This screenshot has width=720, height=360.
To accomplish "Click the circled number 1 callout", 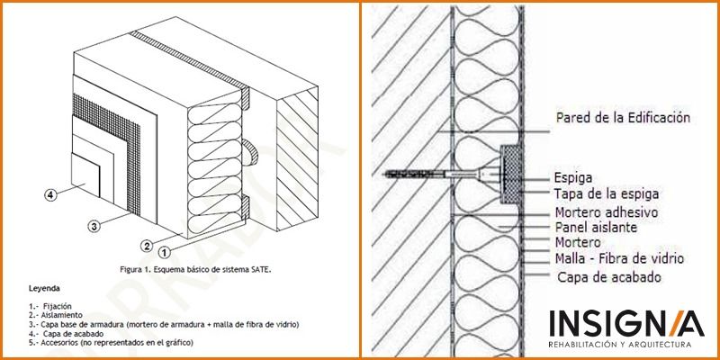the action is [165, 252].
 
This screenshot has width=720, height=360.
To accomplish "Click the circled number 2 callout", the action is [147, 246].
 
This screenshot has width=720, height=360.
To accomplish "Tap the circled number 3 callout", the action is [94, 226].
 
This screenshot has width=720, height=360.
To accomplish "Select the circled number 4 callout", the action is [50, 194].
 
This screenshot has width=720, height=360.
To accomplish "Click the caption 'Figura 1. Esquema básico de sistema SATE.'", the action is [195, 269].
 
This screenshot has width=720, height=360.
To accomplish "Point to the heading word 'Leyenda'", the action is [44, 289].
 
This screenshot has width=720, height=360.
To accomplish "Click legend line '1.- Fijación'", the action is [50, 306].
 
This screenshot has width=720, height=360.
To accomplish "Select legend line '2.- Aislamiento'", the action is [56, 315].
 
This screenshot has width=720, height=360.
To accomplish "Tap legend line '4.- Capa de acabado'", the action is [66, 333].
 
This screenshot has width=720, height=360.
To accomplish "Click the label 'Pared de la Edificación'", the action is [623, 118].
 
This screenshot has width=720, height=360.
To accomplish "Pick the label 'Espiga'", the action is [573, 178].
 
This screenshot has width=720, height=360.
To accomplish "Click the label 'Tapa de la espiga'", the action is [606, 193].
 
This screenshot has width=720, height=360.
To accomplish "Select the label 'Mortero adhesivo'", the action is [607, 212].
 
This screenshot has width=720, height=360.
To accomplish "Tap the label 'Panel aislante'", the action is [596, 227].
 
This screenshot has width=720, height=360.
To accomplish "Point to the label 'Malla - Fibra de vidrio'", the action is [619, 258].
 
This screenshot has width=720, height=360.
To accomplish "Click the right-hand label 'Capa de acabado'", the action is [609, 277].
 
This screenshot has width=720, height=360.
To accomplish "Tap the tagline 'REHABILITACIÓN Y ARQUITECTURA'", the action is [620, 345].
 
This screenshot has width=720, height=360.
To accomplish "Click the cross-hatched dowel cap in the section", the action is [510, 175].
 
